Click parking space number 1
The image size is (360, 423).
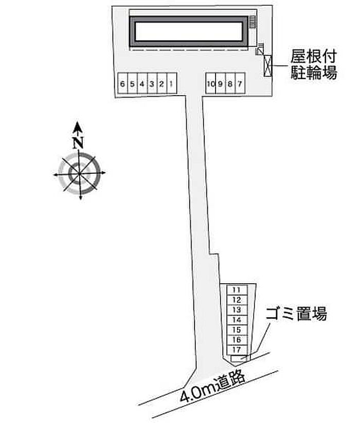(172, 84)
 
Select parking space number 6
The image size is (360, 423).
(122, 84)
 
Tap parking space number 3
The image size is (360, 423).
(152, 84)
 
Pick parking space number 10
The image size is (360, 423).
(210, 84)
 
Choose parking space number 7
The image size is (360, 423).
(240, 84)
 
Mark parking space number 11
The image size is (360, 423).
(237, 290)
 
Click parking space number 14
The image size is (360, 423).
(237, 320)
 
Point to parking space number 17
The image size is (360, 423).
(237, 350)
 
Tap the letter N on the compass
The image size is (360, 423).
(78, 143)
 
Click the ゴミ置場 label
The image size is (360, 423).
(297, 314)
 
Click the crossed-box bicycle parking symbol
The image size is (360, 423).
(268, 66)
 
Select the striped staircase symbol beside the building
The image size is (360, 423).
(253, 22)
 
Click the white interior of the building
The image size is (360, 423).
(189, 31)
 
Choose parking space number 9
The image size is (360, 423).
(220, 84)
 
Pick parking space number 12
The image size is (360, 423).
(237, 300)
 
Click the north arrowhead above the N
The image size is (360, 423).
(78, 127)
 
